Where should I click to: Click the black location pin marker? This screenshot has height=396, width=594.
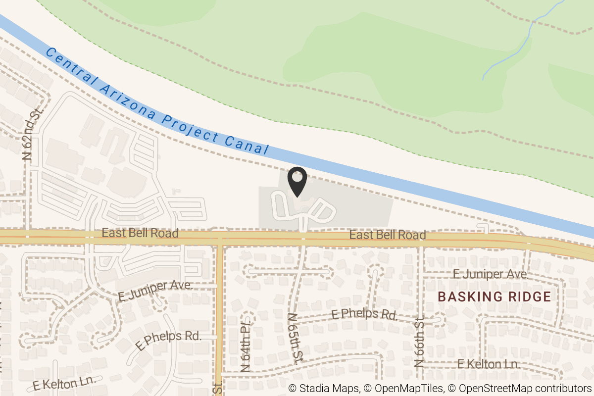tap(297, 181)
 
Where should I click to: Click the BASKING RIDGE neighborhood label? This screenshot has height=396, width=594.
tap(495, 297)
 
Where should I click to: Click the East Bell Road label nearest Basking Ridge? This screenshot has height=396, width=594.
tap(388, 235)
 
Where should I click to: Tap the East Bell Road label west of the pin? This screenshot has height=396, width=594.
tap(140, 233)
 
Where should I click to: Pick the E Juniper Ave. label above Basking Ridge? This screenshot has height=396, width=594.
tap(490, 274)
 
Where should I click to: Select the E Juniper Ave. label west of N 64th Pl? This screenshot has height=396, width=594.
tap(155, 291)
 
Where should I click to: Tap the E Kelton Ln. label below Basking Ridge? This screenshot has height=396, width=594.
tap(488, 364)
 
